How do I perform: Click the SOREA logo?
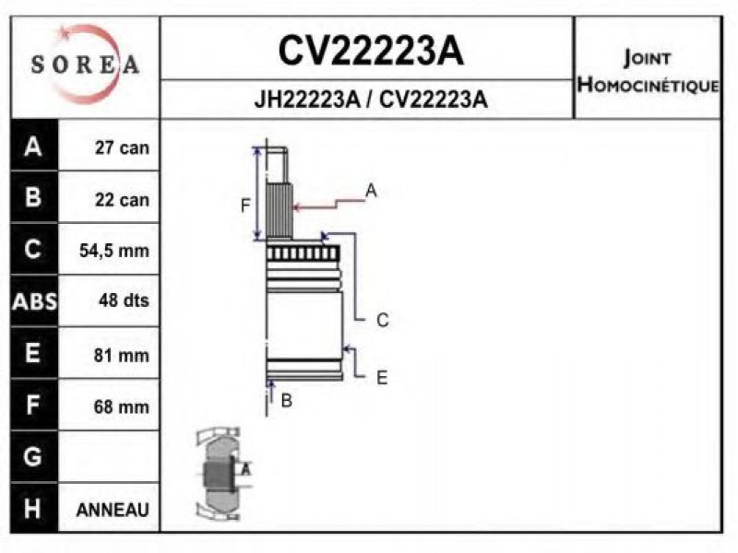85,65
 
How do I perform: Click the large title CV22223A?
371,51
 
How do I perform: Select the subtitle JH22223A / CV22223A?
371,100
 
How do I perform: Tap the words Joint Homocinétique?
648,72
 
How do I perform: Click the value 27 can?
122,147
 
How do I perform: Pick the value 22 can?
122,200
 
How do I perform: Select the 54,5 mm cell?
113,251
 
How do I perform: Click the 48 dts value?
124,300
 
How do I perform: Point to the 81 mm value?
121,355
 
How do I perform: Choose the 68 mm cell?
121,406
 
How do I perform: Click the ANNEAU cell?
113,510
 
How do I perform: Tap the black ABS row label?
34,301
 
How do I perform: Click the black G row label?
34,456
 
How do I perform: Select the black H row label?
34,509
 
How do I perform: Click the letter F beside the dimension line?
244,206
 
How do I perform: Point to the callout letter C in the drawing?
383,320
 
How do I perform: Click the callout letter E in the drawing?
382,378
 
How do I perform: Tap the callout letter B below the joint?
286,401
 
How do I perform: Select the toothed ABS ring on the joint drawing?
303,253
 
